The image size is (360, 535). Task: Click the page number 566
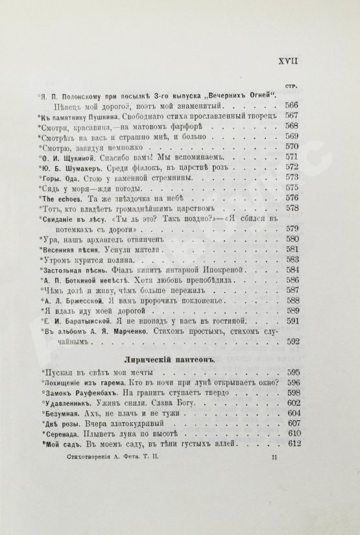point(304,106)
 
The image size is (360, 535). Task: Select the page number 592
point(304,342)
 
